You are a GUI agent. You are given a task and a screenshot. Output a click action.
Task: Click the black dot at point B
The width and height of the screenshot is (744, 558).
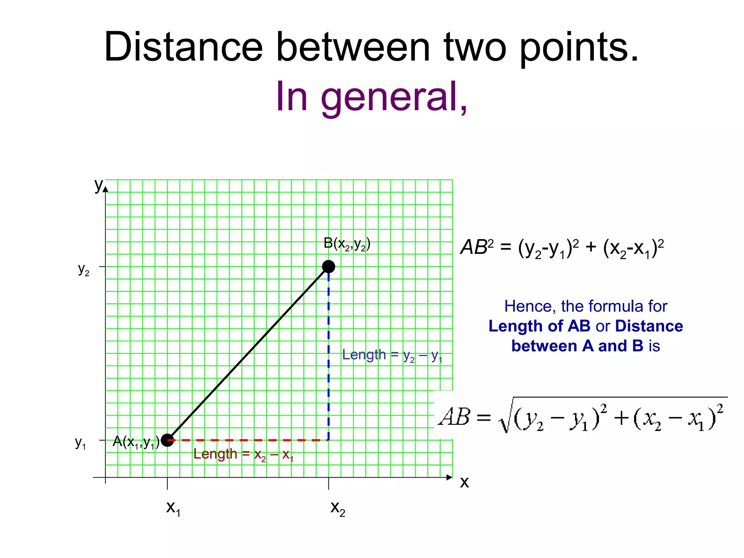point(328,267)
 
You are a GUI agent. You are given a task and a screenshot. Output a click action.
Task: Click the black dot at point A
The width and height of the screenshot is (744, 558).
point(167,440)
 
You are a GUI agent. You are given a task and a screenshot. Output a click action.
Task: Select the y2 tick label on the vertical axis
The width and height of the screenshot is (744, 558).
point(84,270)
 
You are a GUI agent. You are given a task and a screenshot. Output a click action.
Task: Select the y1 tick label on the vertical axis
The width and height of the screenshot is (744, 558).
point(80,443)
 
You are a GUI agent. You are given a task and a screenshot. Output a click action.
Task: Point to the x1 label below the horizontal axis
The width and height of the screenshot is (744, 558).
point(173,508)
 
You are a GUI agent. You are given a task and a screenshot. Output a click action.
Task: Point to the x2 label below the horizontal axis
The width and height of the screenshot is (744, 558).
point(337,508)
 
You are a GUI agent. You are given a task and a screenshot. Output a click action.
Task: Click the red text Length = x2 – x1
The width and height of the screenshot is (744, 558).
point(243,454)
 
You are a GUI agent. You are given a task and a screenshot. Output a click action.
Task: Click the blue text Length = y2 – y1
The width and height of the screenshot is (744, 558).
point(392,355)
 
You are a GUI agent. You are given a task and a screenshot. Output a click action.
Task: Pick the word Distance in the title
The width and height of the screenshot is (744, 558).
point(183,47)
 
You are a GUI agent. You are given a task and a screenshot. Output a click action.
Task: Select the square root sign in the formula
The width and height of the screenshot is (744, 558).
point(505,418)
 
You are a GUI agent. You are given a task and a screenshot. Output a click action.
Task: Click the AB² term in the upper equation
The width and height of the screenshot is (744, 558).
point(477,247)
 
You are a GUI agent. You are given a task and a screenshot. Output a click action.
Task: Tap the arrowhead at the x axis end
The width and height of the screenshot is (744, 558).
point(450,477)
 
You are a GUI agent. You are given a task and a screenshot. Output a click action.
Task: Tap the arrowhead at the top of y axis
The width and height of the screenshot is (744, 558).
point(105,189)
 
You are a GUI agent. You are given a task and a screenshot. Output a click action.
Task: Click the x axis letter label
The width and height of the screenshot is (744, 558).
point(464,482)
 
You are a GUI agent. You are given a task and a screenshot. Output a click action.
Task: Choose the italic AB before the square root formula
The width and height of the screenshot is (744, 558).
point(454,417)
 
